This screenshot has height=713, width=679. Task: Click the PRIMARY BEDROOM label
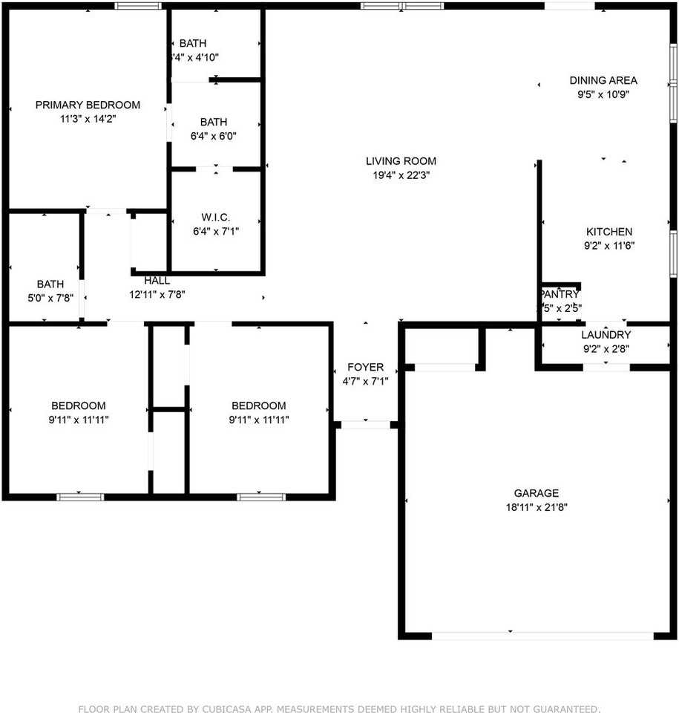(x=88, y=105)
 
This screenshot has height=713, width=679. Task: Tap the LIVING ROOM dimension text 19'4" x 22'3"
(x=401, y=175)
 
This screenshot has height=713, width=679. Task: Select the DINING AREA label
(x=603, y=80)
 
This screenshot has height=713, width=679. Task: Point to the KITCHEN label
(x=609, y=232)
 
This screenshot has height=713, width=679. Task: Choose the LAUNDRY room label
(x=606, y=335)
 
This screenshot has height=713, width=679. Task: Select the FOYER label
(x=365, y=367)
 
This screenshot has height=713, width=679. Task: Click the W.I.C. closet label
(x=215, y=217)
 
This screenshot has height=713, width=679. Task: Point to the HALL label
(x=157, y=281)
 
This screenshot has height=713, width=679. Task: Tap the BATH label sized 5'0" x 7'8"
(x=50, y=284)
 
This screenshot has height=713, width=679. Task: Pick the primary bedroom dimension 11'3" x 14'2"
(x=88, y=119)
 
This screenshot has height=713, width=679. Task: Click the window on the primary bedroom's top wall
(x=138, y=6)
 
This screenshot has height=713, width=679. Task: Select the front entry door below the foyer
(x=365, y=425)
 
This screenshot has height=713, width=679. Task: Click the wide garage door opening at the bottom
(x=542, y=636)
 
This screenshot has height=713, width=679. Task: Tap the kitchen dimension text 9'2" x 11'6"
(x=609, y=246)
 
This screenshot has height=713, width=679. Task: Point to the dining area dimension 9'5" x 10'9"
(x=603, y=94)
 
